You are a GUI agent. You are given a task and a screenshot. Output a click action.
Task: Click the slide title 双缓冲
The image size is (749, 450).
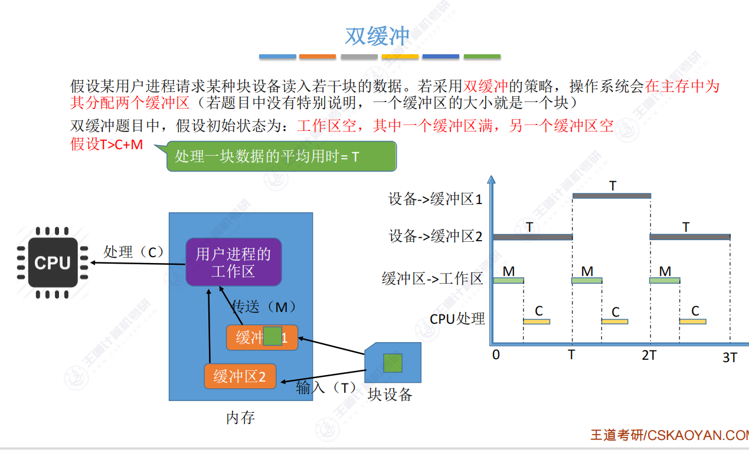click(377, 37)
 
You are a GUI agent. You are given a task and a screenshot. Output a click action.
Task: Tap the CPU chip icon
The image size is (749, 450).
click(53, 262)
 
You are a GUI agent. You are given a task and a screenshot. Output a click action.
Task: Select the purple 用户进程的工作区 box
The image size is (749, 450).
click(233, 262)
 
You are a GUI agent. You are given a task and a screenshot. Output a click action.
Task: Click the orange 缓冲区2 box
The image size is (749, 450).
click(240, 376)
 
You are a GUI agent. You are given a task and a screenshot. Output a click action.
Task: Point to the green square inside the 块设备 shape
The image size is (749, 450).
click(393, 363)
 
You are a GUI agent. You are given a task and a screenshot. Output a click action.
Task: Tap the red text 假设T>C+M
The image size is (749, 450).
click(107, 144)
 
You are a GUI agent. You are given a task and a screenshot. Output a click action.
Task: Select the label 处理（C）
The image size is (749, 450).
click(134, 252)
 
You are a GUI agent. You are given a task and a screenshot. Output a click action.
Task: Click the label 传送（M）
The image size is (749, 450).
click(264, 307)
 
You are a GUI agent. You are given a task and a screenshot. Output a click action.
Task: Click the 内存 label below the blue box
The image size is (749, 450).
click(240, 418)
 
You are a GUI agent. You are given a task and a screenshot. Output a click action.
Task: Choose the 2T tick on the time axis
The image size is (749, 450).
click(649, 355)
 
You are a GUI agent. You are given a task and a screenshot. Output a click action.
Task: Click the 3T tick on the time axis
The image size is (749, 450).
click(730, 357)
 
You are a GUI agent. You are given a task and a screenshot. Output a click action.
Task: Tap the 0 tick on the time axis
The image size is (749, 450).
click(496, 355)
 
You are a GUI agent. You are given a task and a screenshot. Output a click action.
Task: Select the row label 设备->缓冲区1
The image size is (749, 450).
click(435, 199)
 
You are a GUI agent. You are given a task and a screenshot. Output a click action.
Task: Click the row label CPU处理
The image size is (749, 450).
click(457, 319)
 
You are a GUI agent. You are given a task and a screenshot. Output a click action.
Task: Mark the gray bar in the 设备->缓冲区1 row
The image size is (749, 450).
click(611, 196)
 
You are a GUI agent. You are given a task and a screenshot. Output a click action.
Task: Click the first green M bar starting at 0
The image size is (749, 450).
click(508, 281)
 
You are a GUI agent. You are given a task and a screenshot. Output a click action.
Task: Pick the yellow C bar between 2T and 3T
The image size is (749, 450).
click(692, 321)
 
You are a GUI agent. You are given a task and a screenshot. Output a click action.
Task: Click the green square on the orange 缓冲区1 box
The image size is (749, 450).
click(272, 336)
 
